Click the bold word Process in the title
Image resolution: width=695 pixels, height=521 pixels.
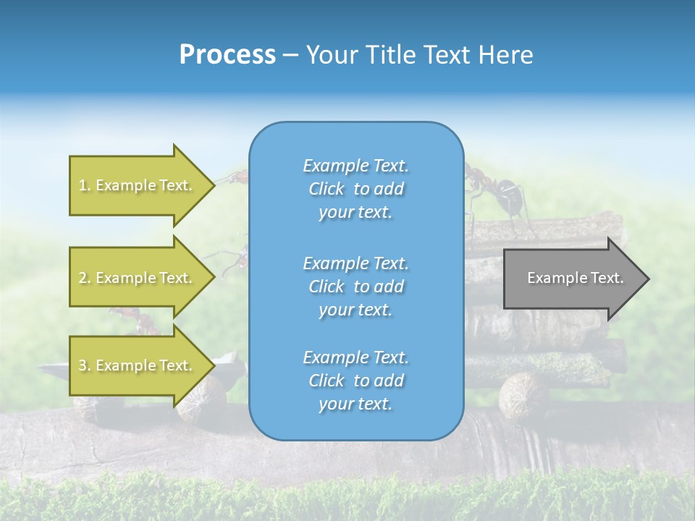227,55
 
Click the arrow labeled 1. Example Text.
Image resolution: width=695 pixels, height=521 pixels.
138,185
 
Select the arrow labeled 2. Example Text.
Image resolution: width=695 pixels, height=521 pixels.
138,278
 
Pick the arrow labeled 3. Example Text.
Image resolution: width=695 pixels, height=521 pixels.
138,365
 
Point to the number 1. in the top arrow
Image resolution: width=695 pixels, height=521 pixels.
85,186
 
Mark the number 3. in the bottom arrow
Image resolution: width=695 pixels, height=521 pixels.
85,366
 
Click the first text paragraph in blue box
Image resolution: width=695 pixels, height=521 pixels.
355,189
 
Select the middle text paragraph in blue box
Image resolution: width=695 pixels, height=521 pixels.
355,287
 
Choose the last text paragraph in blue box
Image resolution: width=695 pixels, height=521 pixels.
355,381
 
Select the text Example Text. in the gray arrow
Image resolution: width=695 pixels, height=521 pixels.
575,279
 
